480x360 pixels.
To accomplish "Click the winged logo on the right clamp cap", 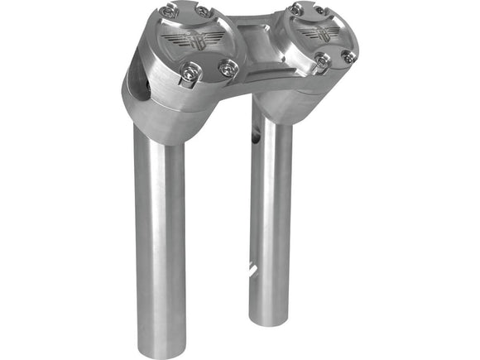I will click(x=318, y=32).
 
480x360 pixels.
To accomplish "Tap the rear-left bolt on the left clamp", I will click(x=169, y=11).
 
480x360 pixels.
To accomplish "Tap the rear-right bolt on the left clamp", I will click(x=201, y=12).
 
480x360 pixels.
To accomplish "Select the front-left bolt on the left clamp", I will click(x=190, y=74).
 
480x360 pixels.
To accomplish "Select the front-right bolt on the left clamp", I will click(x=226, y=68).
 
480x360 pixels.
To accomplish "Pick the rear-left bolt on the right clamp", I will click(x=296, y=8).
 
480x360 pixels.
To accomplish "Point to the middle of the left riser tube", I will click(x=161, y=232).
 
